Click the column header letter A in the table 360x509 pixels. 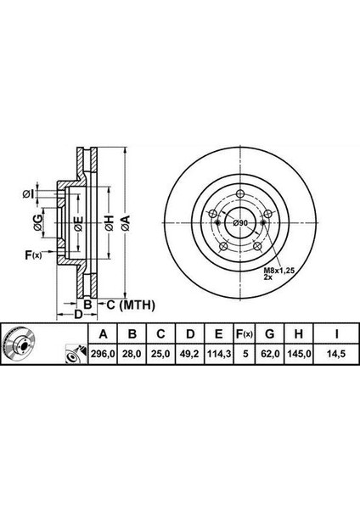click(x=103, y=333)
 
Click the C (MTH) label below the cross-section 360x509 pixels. click(x=126, y=304)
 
